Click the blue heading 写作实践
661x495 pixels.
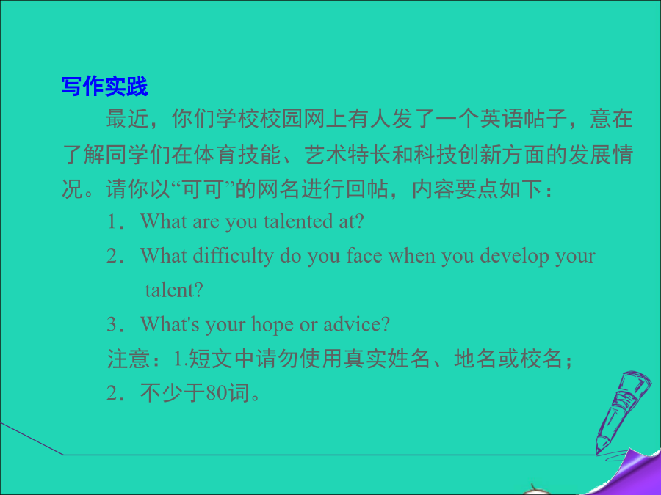(x=104, y=87)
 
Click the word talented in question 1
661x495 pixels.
(x=298, y=221)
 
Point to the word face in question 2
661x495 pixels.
(x=364, y=256)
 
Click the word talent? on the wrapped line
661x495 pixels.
(x=174, y=290)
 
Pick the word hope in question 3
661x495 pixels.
(x=269, y=325)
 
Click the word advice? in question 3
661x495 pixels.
(x=357, y=324)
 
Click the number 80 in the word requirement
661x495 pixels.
(x=217, y=393)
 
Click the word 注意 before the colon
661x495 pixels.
(x=129, y=359)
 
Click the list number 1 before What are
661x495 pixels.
(x=112, y=221)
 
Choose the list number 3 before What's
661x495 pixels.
(x=112, y=325)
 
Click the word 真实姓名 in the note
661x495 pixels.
(x=386, y=359)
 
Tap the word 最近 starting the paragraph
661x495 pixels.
(x=128, y=119)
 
